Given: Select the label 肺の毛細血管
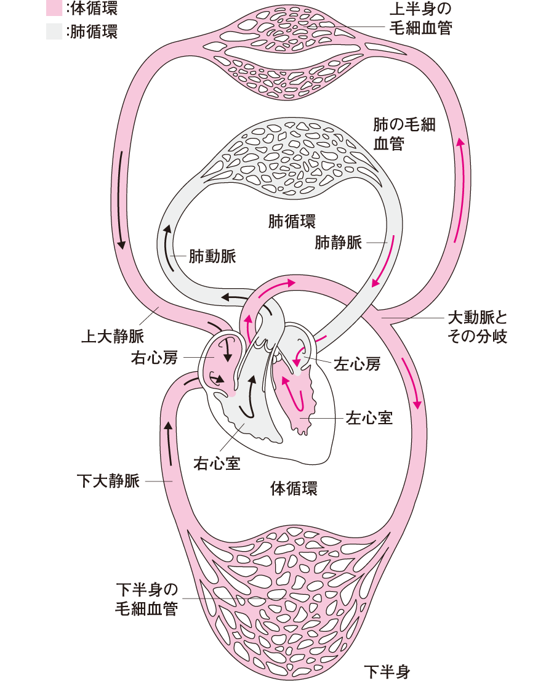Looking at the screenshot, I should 404,134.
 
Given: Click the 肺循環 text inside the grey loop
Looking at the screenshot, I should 292,220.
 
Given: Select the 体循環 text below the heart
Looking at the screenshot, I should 294,490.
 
